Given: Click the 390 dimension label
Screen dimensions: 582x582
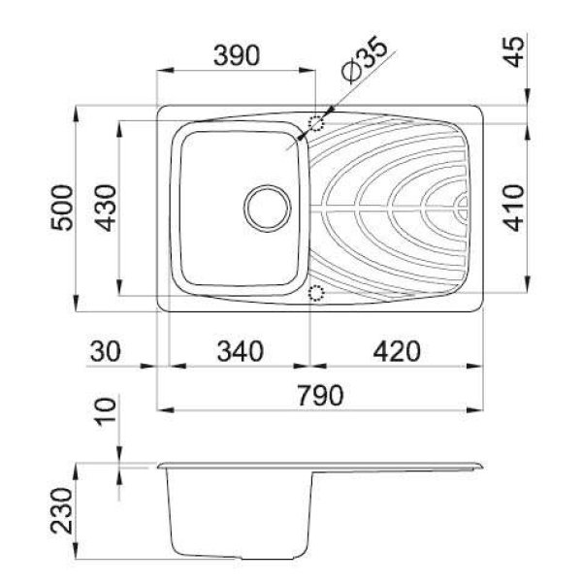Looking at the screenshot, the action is [237, 55].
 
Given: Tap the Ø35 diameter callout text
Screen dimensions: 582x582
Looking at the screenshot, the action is [366, 59].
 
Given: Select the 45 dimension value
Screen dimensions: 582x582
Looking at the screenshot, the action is [515, 52].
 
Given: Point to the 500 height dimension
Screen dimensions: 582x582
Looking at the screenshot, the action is [62, 208].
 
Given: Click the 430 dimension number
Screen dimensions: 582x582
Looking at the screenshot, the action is [105, 208].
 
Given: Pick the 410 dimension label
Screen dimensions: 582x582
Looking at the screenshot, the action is [514, 208].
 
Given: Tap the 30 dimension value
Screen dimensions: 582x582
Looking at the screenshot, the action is [106, 351].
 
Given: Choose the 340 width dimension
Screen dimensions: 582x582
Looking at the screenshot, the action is [241, 351].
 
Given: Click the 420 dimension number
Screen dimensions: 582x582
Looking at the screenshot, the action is [397, 351].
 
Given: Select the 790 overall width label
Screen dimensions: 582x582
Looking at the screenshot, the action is [320, 396].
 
